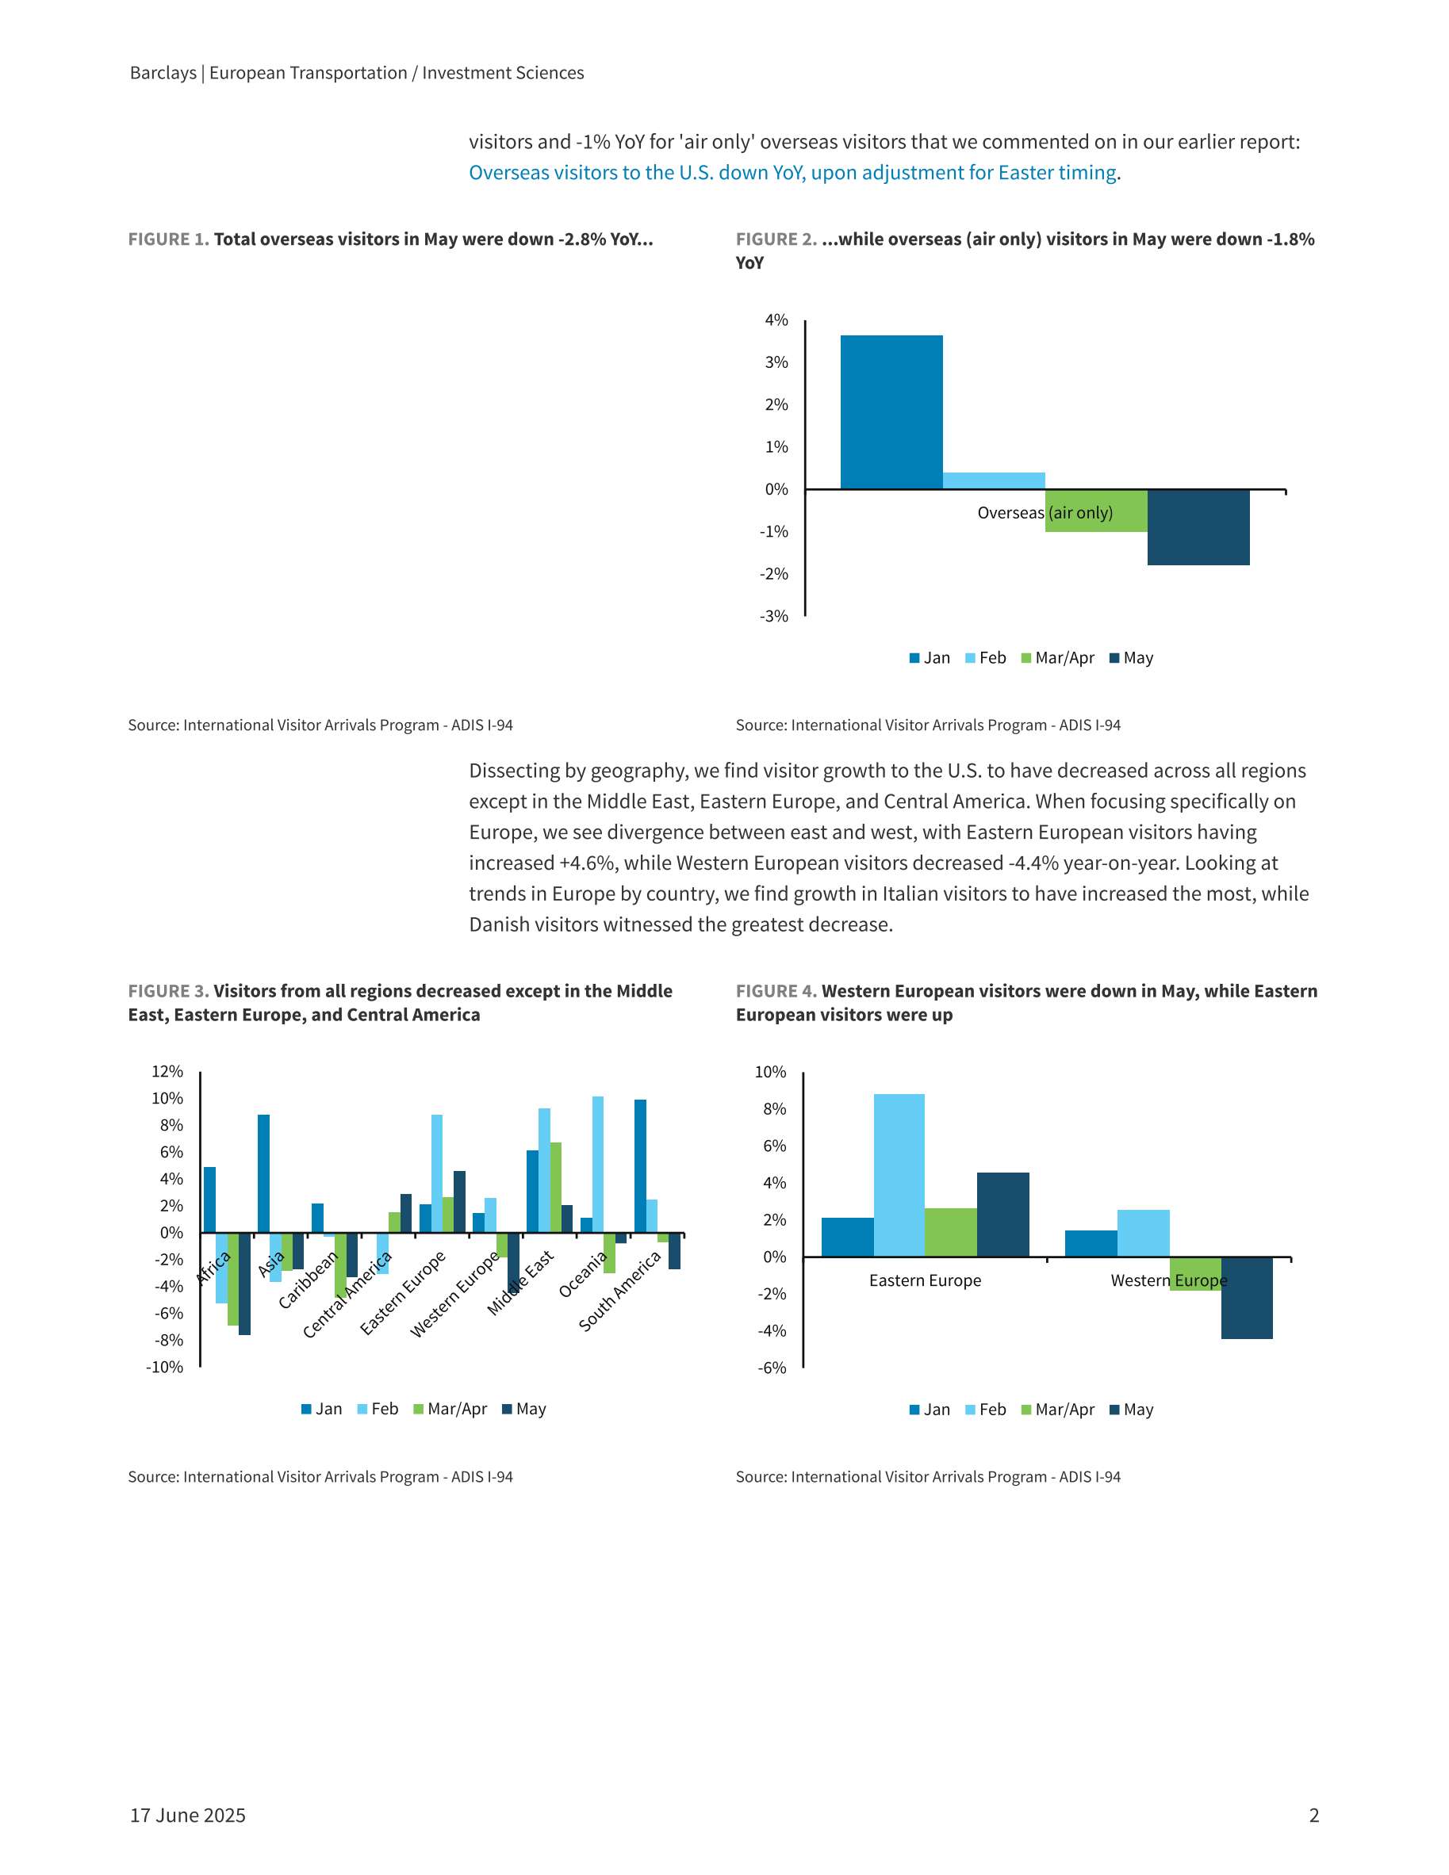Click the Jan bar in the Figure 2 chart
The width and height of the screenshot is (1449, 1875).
(x=891, y=412)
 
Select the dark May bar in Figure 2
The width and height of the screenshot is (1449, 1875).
(x=1198, y=527)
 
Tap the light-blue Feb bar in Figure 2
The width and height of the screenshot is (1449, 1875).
(x=994, y=480)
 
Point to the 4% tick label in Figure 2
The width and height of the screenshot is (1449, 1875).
(x=776, y=320)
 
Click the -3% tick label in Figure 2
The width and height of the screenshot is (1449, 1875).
(x=774, y=617)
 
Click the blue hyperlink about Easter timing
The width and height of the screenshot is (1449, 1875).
(x=793, y=173)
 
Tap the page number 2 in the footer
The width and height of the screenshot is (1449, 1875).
(x=1313, y=1815)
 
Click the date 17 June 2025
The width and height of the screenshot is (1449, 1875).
(x=188, y=1815)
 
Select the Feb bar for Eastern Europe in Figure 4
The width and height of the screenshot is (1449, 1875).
(x=899, y=1175)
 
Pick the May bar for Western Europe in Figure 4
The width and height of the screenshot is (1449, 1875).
(x=1247, y=1298)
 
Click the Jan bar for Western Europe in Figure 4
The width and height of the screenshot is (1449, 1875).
(x=1091, y=1243)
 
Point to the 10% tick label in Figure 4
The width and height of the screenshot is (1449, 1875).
(x=770, y=1073)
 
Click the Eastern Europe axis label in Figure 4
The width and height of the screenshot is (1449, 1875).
(x=925, y=1280)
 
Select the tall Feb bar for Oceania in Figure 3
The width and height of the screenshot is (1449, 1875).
(x=598, y=1164)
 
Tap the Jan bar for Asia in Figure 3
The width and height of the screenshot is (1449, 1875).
(x=263, y=1173)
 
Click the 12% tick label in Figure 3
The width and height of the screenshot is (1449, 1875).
(x=167, y=1071)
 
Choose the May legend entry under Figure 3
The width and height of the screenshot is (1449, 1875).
(x=524, y=1409)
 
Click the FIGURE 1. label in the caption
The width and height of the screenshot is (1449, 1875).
(x=168, y=239)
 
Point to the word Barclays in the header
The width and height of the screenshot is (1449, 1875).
(x=163, y=73)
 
